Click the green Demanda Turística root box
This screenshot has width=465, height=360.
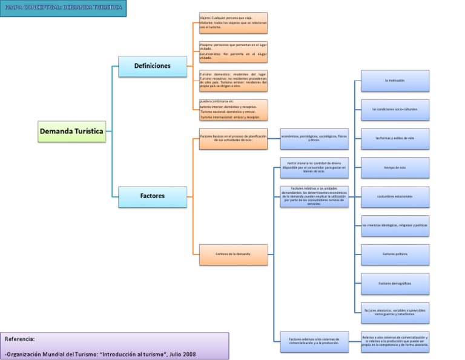[72, 131]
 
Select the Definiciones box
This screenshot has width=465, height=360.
[153, 66]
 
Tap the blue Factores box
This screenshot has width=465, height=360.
[153, 196]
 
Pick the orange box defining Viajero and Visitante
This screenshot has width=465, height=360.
[233, 23]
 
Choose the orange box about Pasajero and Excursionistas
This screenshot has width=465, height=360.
[233, 52]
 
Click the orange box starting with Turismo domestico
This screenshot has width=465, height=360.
[233, 81]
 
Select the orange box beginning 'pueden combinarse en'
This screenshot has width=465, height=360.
[233, 110]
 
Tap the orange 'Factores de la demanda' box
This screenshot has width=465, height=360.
[233, 254]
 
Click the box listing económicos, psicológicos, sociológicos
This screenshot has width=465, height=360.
[314, 139]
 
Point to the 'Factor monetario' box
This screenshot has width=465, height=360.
[314, 167]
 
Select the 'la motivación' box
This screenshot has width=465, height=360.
[395, 81]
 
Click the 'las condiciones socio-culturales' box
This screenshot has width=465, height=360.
[395, 110]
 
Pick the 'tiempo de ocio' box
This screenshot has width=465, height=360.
[395, 167]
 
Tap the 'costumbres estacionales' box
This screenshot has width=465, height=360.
[395, 196]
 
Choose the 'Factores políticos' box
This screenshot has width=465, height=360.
[395, 254]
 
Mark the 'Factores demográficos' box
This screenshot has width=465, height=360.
[395, 283]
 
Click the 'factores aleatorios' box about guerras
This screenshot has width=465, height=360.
[395, 312]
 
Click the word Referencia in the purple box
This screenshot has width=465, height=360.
[20, 339]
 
